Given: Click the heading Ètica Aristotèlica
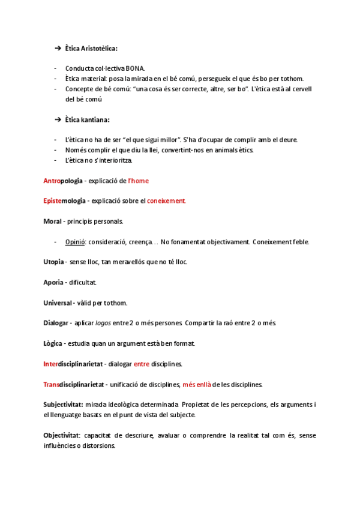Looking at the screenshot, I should coord(92,48).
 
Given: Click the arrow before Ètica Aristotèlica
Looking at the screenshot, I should coord(58,48).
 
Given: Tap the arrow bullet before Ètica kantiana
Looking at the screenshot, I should coord(58,119).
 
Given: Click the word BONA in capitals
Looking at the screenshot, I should coord(135,68).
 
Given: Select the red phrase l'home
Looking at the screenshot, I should coord(139,181).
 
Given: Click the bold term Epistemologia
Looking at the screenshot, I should coord(65,201).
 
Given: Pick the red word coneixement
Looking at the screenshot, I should coord(166,201).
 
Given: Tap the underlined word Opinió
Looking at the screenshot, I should coord(76,242).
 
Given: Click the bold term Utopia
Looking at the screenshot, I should coord(55,262).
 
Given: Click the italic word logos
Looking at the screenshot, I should coord(103,323).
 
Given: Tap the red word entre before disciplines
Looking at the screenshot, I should coord(141,364).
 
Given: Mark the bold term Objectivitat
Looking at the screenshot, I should coord(62,435).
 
